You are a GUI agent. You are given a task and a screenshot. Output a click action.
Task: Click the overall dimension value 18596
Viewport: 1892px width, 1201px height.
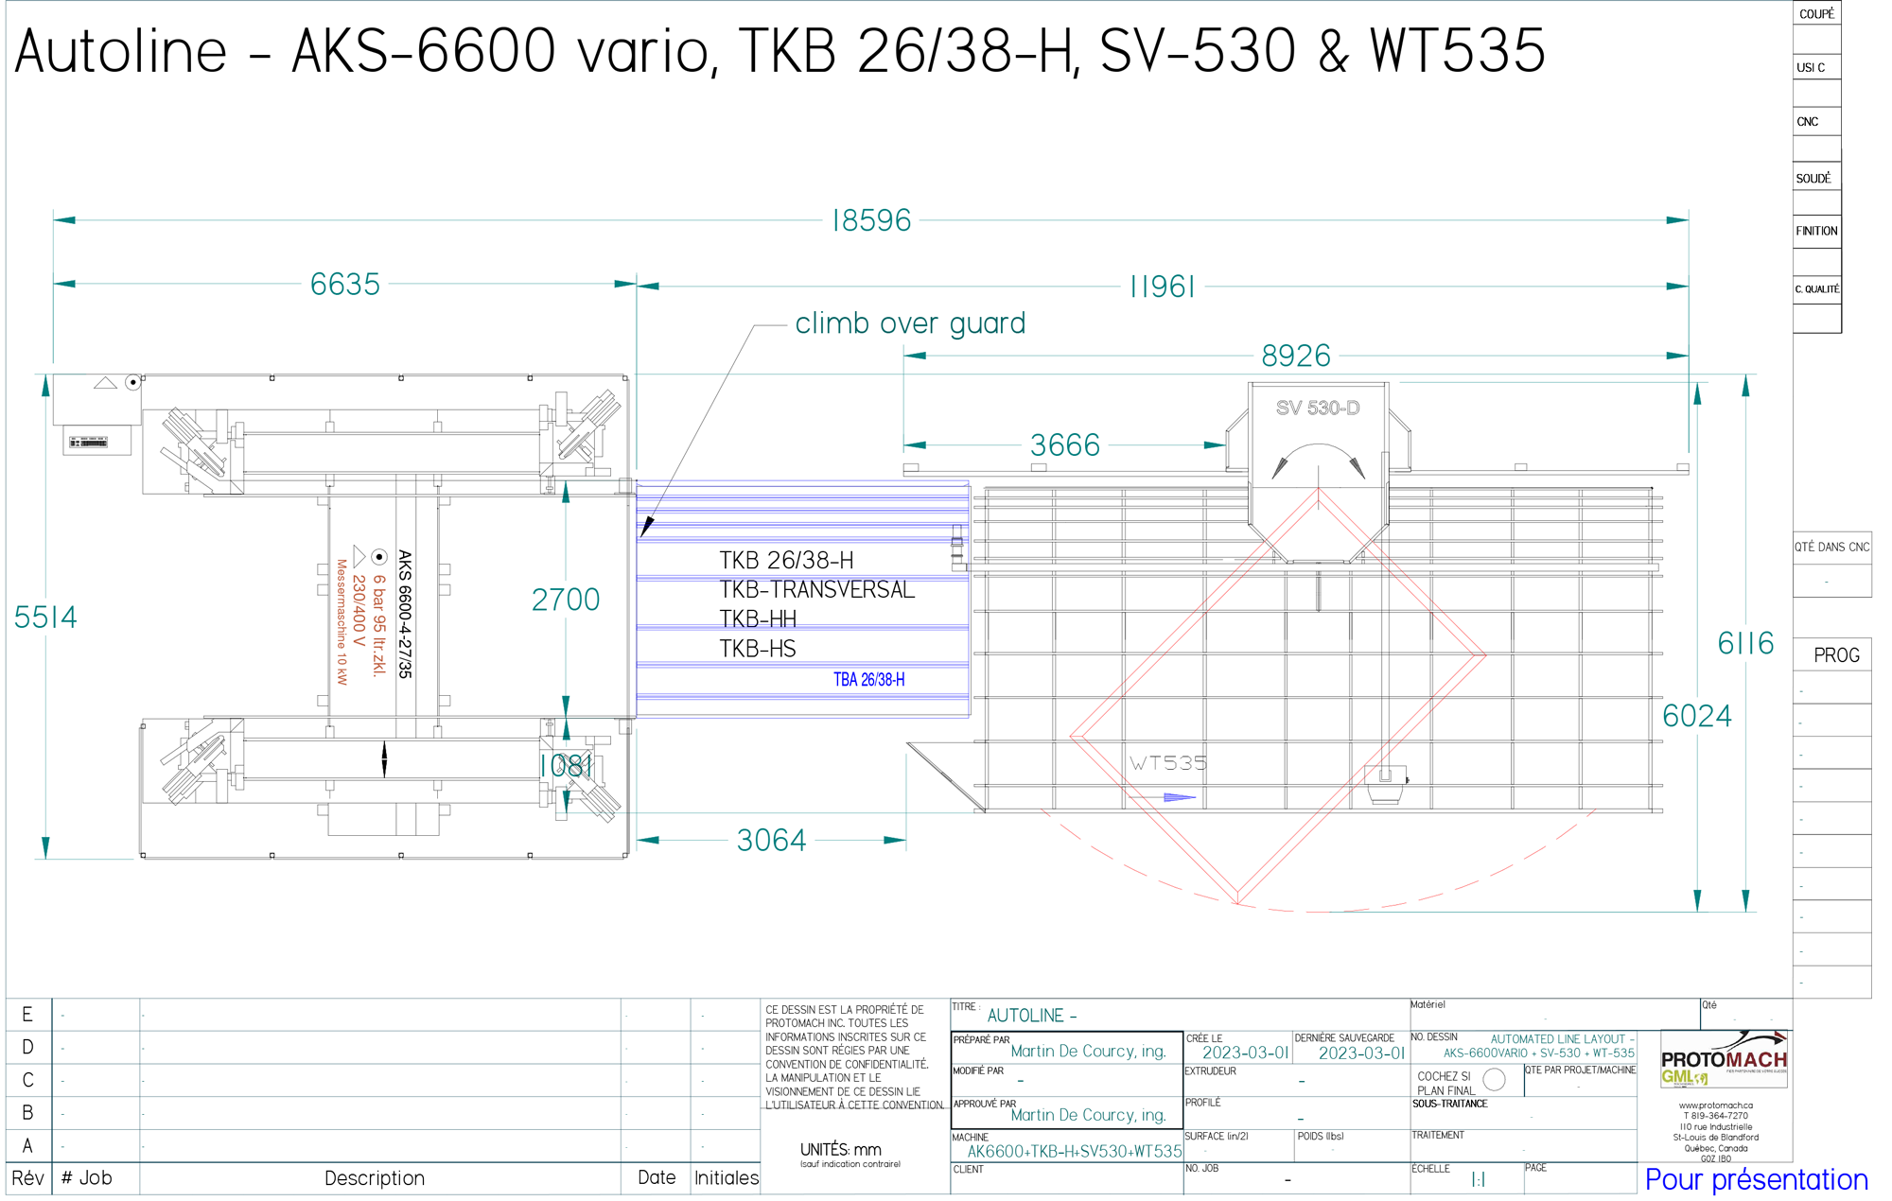tap(871, 221)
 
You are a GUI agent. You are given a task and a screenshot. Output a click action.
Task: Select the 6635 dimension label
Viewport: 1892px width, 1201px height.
tap(345, 285)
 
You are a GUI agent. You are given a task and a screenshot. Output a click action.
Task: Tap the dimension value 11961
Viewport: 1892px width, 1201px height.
tap(1163, 287)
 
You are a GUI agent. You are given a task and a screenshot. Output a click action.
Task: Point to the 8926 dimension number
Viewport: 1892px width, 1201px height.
tap(1296, 357)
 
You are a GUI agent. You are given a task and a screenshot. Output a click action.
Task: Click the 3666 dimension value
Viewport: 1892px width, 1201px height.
tap(1065, 445)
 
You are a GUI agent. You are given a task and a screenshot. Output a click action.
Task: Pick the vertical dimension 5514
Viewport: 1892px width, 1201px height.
tap(45, 618)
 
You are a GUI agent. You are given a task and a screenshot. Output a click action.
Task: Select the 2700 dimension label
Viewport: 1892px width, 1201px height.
tap(566, 600)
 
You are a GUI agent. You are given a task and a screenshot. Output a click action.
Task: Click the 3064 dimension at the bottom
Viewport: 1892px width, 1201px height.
tap(771, 841)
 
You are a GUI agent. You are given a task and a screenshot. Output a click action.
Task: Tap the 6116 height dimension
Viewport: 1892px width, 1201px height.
tap(1745, 644)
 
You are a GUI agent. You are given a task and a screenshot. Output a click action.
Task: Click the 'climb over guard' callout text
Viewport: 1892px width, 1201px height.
tap(910, 323)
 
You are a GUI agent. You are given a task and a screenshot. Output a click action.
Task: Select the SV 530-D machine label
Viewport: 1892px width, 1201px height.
tap(1318, 409)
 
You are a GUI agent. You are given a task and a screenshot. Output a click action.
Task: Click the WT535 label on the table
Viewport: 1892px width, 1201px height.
tap(1168, 763)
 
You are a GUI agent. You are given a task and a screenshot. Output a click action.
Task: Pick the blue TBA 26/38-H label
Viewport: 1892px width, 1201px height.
tap(868, 680)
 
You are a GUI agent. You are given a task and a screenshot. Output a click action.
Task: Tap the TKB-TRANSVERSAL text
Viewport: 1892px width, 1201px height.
tap(817, 590)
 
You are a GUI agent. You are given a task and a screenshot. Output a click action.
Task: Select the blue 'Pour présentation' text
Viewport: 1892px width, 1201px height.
tap(1756, 1180)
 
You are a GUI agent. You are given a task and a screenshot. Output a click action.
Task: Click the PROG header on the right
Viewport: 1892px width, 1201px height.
tap(1836, 655)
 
